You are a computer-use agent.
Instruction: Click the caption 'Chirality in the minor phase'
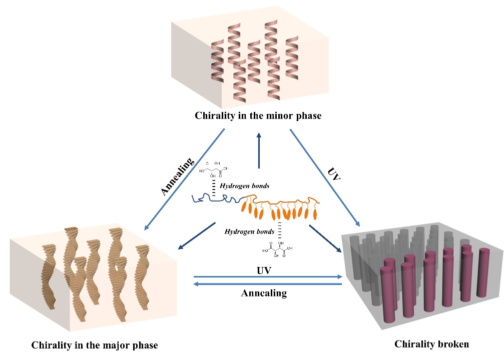[x=258, y=116]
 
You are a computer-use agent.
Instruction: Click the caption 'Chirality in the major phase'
[x=95, y=345]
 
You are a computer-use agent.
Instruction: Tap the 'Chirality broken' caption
[x=432, y=344]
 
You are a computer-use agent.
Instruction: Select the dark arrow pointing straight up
[x=258, y=150]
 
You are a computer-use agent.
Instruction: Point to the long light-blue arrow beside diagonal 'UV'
[x=325, y=178]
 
